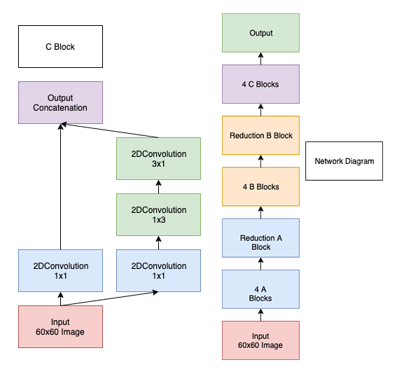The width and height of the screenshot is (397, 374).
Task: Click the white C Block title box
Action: (60, 47)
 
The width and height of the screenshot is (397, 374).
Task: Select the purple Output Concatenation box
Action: (60, 102)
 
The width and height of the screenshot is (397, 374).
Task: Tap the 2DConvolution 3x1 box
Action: (158, 158)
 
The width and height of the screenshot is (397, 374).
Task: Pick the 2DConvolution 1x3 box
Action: (158, 214)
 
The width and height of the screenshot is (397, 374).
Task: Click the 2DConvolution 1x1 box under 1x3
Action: (158, 270)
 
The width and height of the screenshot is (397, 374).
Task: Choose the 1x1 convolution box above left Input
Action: (60, 270)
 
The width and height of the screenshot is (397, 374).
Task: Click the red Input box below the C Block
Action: (60, 326)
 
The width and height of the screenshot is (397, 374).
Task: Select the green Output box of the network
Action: (260, 33)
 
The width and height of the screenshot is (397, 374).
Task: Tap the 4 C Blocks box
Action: (260, 84)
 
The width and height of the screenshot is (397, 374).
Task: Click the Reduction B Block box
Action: (260, 135)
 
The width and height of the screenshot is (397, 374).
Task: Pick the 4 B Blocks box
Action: (260, 186)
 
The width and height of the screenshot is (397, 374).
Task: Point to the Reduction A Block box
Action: (260, 237)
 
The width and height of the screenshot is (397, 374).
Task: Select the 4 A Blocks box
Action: (260, 289)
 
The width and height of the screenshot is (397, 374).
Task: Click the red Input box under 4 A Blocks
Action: (260, 340)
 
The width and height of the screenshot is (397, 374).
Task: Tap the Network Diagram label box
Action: (344, 161)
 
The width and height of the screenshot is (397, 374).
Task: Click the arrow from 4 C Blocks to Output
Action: (260, 59)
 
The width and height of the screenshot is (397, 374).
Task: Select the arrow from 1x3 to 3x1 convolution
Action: (158, 186)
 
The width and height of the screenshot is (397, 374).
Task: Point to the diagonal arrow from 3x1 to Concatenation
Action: (110, 130)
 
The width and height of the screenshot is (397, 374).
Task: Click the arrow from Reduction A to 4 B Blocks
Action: (260, 212)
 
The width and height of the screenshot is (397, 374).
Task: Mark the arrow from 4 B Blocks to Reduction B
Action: (260, 161)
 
